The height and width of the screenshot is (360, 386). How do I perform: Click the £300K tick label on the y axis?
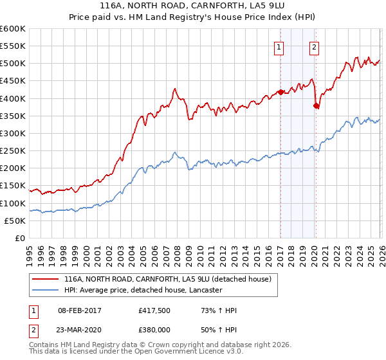click(x=12, y=134)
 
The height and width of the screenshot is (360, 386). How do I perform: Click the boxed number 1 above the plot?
click(x=280, y=46)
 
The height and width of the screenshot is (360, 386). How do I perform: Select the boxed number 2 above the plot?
click(x=315, y=46)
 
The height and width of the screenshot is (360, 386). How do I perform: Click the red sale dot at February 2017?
click(x=280, y=92)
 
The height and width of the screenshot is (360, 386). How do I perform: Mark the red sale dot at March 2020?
click(x=316, y=105)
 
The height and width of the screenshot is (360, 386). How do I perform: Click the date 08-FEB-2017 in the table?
click(x=80, y=310)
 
